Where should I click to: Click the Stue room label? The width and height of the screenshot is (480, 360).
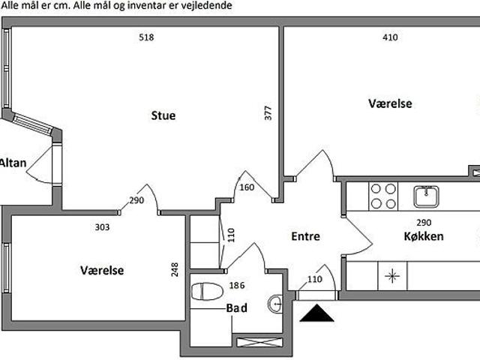click(163, 115)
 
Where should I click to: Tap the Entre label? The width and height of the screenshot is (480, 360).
click(305, 236)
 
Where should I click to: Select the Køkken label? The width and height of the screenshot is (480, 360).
click(423, 236)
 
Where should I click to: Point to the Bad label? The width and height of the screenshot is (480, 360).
click(237, 307)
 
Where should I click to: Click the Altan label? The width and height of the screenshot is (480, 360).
click(13, 163)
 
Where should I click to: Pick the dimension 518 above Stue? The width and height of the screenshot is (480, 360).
click(146, 37)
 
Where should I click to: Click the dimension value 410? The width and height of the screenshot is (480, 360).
click(390, 37)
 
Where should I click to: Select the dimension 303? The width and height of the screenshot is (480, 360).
click(102, 226)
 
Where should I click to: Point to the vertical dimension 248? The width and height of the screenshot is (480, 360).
click(175, 268)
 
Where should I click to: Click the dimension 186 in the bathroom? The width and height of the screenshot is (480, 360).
click(238, 286)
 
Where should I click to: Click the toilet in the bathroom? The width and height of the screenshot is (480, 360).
click(206, 291)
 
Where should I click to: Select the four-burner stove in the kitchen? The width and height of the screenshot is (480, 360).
click(383, 196)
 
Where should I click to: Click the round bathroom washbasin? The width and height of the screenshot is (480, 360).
click(276, 304)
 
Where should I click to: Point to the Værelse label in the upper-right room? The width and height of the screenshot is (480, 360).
click(390, 103)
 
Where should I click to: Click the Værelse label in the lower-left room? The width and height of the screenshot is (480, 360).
click(102, 270)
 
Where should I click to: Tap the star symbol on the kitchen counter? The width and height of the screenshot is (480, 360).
click(391, 276)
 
